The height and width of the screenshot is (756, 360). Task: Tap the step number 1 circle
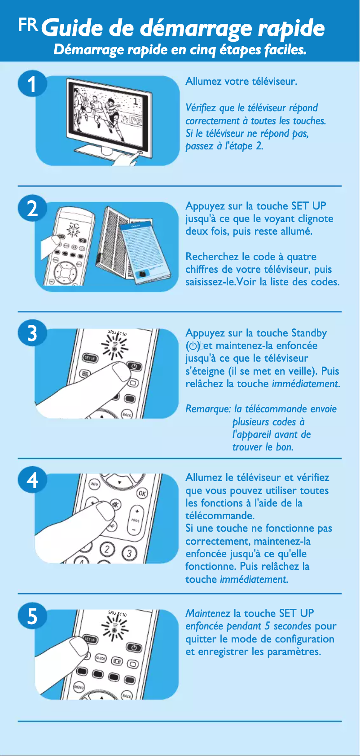[31, 84]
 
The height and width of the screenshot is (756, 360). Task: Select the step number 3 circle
[32, 333]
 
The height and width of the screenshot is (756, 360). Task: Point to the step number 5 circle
[32, 616]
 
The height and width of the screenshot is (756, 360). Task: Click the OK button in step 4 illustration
[142, 493]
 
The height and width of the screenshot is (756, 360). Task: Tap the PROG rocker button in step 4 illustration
[135, 520]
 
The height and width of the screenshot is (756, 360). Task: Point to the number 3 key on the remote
[129, 553]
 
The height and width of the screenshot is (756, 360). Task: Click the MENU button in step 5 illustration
[79, 687]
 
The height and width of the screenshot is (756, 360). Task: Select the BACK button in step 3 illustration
[127, 415]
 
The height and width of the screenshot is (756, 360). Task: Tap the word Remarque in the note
[208, 409]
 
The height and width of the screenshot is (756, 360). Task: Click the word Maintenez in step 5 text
[207, 613]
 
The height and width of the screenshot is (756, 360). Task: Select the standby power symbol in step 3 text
[193, 346]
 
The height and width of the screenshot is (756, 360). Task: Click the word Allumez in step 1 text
[203, 81]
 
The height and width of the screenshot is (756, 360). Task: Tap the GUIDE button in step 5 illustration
[100, 658]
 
